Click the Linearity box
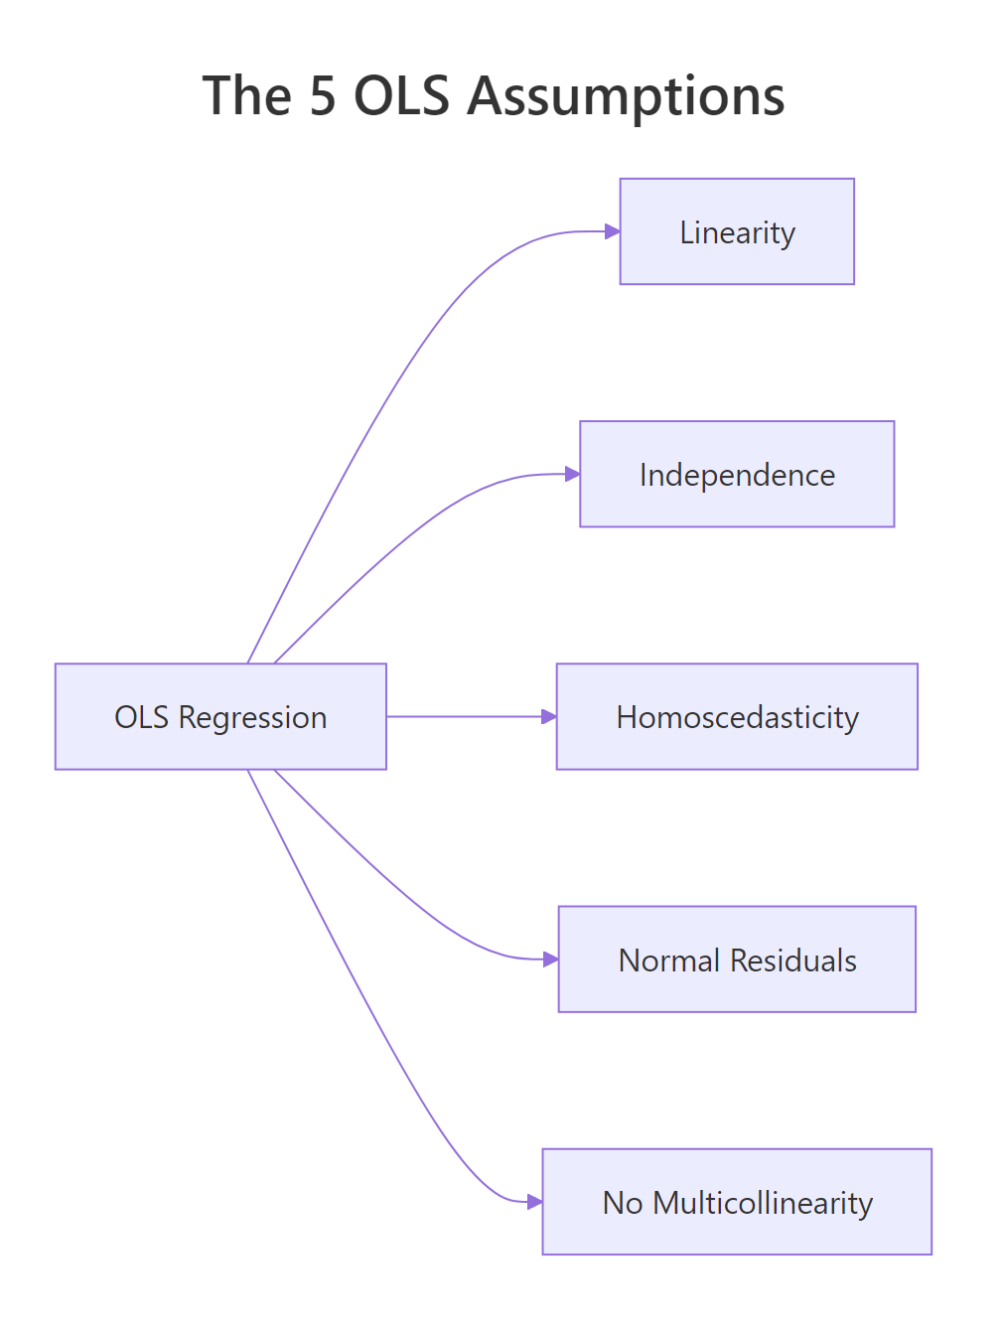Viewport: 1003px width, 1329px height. tap(737, 231)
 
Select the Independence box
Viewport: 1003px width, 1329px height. tap(737, 474)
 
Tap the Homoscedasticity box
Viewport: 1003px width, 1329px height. tap(737, 716)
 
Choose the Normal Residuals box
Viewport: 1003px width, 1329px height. tap(737, 960)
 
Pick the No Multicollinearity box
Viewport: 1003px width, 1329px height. tap(737, 1202)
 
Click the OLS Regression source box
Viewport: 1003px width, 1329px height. tap(220, 716)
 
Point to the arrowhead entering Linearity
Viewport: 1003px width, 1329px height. tap(613, 231)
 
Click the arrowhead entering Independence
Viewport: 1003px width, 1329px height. tap(572, 474)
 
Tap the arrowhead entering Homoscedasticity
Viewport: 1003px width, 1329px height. tap(549, 716)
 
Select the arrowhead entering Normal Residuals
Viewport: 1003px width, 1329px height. tap(551, 960)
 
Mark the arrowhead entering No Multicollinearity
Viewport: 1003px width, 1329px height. tap(535, 1202)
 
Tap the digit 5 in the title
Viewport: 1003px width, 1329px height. tap(323, 96)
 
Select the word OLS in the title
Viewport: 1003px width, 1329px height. tap(402, 96)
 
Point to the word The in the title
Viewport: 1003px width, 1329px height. tap(247, 96)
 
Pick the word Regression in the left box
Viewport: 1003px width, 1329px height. tap(252, 717)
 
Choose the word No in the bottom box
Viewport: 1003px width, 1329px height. tap(623, 1203)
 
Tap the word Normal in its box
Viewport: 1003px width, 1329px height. tap(669, 960)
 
